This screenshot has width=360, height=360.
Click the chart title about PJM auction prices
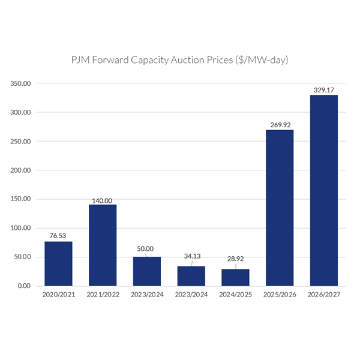pos(180,61)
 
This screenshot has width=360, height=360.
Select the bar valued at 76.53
pos(58,263)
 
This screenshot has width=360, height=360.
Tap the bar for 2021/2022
pos(103,245)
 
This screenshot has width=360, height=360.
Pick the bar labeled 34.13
pos(191,276)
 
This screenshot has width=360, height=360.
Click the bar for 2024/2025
pos(235,277)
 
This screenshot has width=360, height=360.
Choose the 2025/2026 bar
pos(280,208)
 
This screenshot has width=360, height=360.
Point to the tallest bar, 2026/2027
pos(324,190)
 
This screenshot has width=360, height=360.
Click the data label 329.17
pos(324,90)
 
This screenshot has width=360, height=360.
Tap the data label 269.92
pos(280,125)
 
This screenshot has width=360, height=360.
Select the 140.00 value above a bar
pos(101,200)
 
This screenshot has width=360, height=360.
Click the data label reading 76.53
pos(58,236)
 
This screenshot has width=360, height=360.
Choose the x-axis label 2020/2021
pos(58,295)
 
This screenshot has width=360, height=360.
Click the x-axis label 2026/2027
pos(324,295)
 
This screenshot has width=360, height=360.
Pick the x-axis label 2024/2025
pos(235,295)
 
